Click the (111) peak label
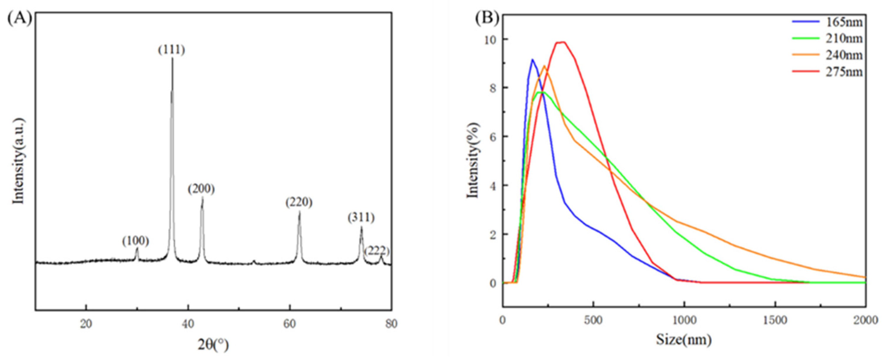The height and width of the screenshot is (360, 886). click(x=171, y=50)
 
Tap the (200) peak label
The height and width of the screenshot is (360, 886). click(x=201, y=189)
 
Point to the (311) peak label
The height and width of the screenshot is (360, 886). click(x=361, y=218)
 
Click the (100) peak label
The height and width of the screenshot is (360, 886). click(x=136, y=241)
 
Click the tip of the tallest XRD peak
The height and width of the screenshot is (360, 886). click(x=172, y=58)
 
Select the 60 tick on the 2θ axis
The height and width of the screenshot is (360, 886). click(x=290, y=323)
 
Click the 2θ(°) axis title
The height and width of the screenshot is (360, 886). click(x=213, y=345)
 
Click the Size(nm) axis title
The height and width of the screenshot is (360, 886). click(x=684, y=340)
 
